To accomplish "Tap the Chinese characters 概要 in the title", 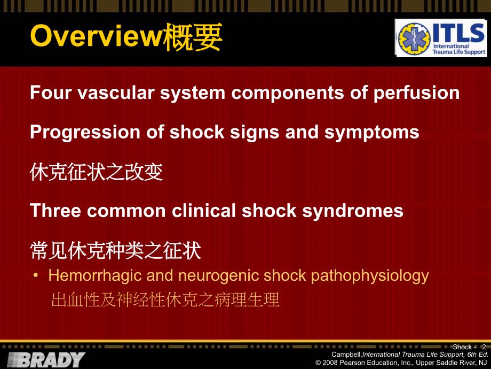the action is point(193,37).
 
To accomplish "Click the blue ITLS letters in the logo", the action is point(459,33).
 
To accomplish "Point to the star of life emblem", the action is point(414,39).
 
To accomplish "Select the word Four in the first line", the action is point(50,93).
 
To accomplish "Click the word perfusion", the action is point(416,94).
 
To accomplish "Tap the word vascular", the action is point(116,93).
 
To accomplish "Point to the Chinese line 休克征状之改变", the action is point(97,172).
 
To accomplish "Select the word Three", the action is point(56,210).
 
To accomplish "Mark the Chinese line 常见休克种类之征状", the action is point(115,251).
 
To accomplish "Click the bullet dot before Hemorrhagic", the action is point(36,276).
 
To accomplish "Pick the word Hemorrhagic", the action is point(95,276).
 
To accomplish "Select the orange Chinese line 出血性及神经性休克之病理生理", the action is point(165,299).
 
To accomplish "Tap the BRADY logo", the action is point(46,359).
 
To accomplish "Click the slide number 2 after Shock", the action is point(484,347).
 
